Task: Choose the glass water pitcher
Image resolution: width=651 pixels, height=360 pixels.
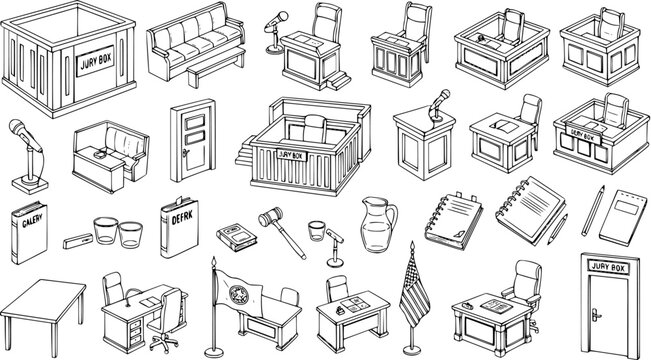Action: (378, 226)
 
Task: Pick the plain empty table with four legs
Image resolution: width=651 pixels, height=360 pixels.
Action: (45, 299)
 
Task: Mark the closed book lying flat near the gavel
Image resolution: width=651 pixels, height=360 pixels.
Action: (234, 236)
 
